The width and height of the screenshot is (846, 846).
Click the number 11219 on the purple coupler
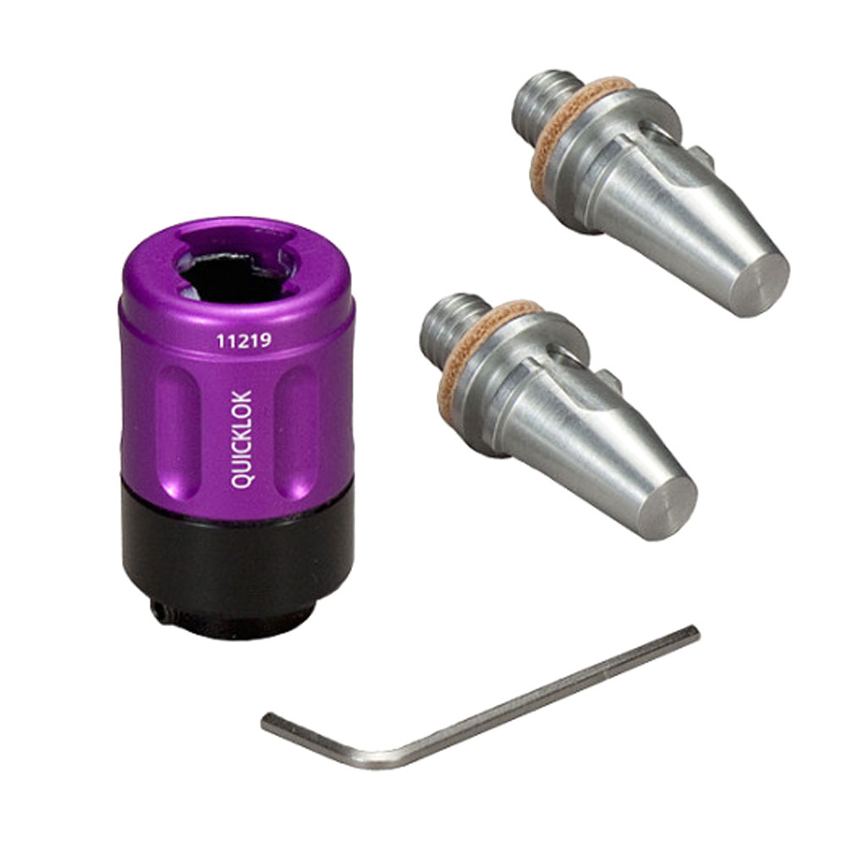pyautogui.click(x=244, y=340)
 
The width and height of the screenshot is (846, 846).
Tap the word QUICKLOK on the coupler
pyautogui.click(x=241, y=439)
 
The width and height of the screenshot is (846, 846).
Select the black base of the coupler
pyautogui.click(x=238, y=561)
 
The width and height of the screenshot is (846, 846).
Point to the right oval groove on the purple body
pyautogui.click(x=296, y=431)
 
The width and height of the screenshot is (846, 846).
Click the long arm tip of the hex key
pyautogui.click(x=695, y=632)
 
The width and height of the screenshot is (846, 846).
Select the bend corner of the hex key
pyautogui.click(x=377, y=760)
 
